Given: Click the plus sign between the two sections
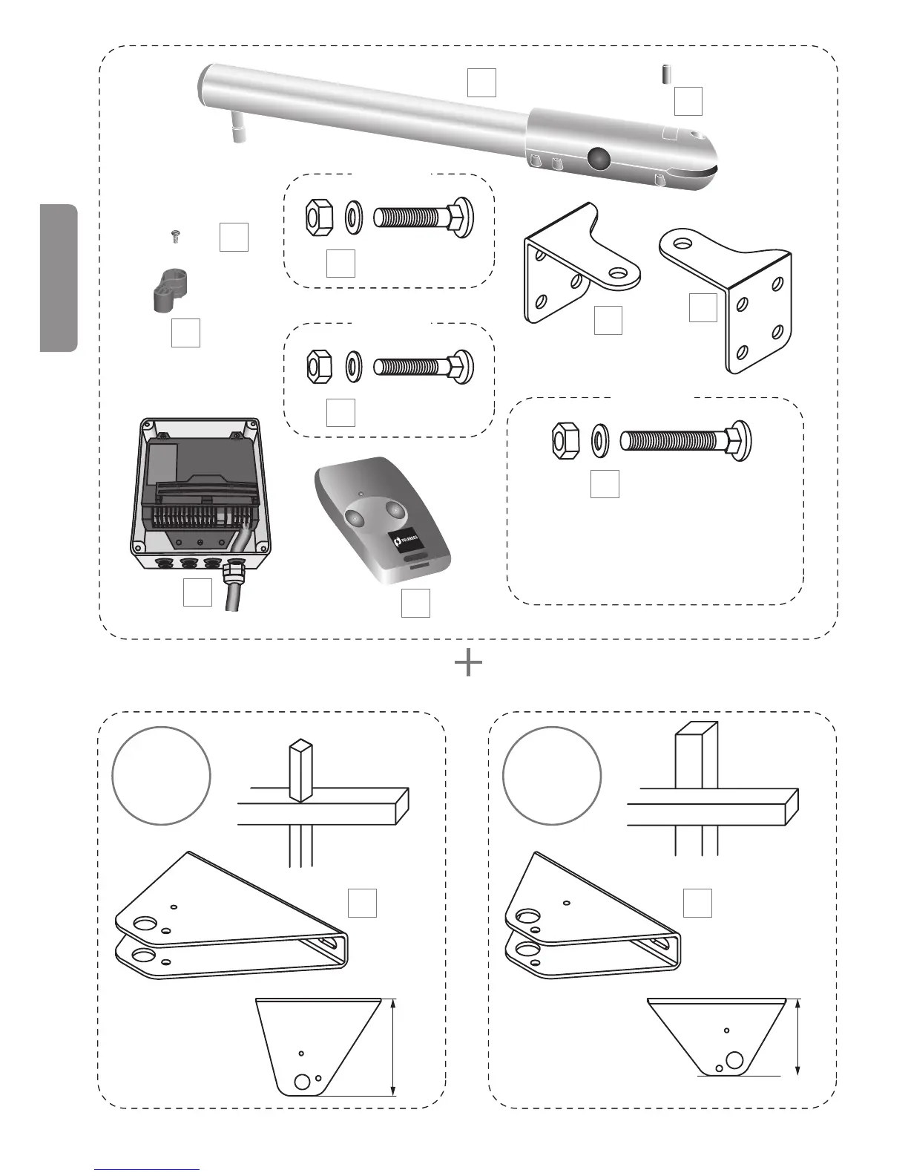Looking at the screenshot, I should pyautogui.click(x=468, y=663).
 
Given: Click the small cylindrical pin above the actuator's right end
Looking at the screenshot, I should pyautogui.click(x=665, y=75).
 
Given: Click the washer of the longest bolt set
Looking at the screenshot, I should pyautogui.click(x=599, y=440).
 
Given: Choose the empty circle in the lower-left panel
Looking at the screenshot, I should pyautogui.click(x=161, y=775).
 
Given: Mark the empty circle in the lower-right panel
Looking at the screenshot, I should pyautogui.click(x=552, y=775).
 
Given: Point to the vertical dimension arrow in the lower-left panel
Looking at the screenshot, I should pyautogui.click(x=393, y=1047).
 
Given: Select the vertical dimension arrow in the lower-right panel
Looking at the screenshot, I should pyautogui.click(x=797, y=1036).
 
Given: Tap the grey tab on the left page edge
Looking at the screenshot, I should pyautogui.click(x=59, y=278).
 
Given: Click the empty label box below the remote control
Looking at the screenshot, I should pyautogui.click(x=415, y=603).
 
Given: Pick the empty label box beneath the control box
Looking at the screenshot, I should pyautogui.click(x=197, y=592).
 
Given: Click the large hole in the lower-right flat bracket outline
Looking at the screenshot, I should pyautogui.click(x=735, y=1059).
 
